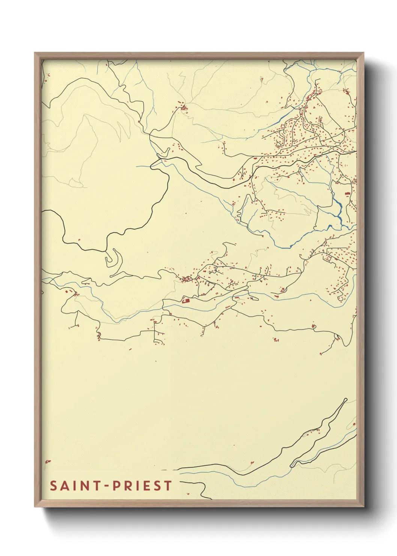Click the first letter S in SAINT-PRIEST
(x=53, y=486)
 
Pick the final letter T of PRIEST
(x=167, y=486)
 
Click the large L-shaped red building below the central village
(x=185, y=300)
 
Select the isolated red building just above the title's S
(x=47, y=461)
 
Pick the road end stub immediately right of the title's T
(x=180, y=481)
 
